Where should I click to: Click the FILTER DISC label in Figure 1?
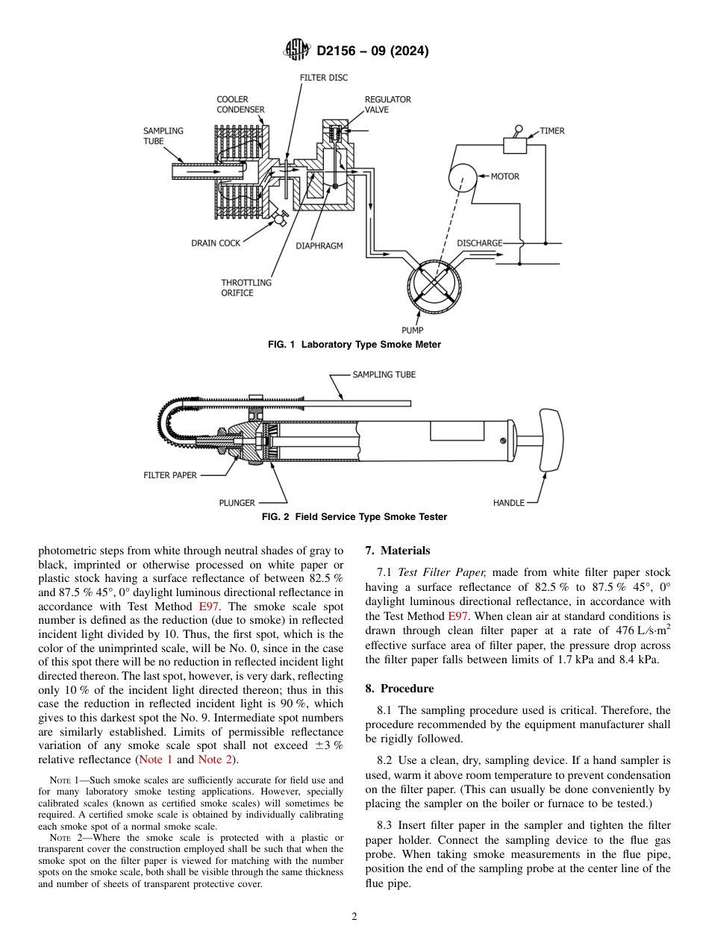[x=324, y=78]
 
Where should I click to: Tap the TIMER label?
[x=552, y=131]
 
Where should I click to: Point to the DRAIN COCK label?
[x=216, y=243]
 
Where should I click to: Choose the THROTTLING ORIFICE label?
[x=246, y=288]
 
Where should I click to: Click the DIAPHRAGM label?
[x=319, y=246]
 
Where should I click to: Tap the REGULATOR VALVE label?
[x=387, y=104]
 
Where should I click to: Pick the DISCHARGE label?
[x=479, y=243]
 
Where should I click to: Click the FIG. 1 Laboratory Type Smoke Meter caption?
[x=354, y=345]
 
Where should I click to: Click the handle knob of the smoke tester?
[x=549, y=440]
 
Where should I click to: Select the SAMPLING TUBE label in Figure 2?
[x=384, y=375]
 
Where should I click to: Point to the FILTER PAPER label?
[x=170, y=475]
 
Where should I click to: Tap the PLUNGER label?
[x=237, y=503]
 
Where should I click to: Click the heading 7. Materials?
[x=398, y=551]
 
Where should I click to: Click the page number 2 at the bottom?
[x=354, y=917]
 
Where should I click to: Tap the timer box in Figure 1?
[x=515, y=145]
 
